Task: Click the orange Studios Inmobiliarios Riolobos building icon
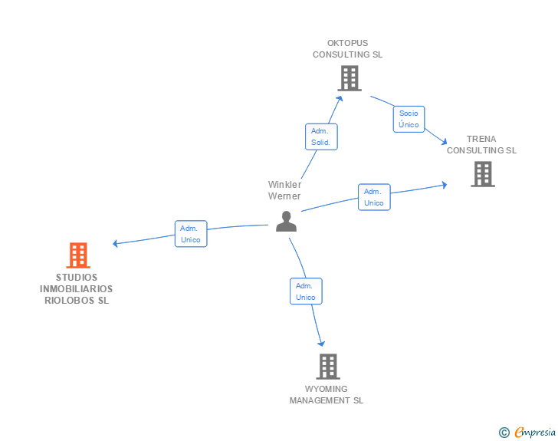tap(78, 255)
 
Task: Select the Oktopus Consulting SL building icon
tap(350, 77)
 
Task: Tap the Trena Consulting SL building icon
tap(482, 174)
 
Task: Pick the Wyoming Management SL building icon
tap(328, 366)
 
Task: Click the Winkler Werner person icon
tap(286, 221)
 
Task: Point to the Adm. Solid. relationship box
tap(321, 137)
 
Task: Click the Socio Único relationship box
tap(409, 119)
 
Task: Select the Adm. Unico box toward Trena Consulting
tap(374, 197)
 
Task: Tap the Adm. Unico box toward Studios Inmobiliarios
tap(190, 234)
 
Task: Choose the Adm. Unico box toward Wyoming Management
tap(306, 291)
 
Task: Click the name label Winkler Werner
tap(284, 190)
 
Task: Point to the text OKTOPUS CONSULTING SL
tap(347, 49)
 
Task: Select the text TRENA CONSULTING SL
tap(481, 145)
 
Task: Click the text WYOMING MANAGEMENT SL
tap(327, 395)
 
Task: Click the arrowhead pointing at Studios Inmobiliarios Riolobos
tap(116, 244)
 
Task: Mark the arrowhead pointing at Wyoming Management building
tap(322, 344)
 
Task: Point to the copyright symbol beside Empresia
tap(504, 433)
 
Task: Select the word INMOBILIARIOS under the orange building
tap(77, 289)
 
